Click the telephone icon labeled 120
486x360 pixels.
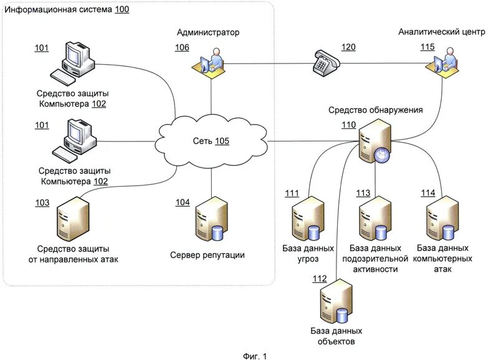coord(325,62)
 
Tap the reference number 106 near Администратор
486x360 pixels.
coord(182,48)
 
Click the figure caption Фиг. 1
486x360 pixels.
coord(254,356)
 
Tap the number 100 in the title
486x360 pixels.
coord(121,10)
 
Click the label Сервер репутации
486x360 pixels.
coord(207,255)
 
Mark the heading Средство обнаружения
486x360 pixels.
coord(376,110)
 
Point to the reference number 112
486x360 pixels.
coord(320,278)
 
